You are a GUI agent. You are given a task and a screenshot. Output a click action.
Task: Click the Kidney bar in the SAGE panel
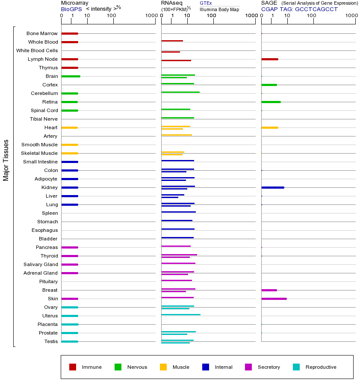click(x=272, y=187)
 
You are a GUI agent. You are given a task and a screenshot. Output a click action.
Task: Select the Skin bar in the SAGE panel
click(x=274, y=299)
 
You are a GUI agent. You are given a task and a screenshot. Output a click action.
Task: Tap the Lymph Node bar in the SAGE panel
click(x=269, y=59)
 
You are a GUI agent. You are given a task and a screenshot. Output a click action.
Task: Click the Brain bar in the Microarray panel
click(x=71, y=76)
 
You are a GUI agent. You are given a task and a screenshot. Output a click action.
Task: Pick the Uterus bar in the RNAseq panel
click(x=180, y=314)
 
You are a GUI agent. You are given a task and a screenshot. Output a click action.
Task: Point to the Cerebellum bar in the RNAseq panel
click(x=180, y=92)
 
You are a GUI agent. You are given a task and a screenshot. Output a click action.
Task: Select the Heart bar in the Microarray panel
click(x=69, y=127)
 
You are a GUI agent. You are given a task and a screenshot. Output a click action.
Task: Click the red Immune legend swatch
click(x=73, y=367)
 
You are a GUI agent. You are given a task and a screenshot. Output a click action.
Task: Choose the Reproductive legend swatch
click(x=296, y=367)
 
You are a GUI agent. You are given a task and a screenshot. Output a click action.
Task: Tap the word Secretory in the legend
click(x=269, y=367)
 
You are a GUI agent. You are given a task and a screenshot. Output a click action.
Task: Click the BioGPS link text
click(x=71, y=9)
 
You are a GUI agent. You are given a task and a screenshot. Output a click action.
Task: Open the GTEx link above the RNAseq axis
click(x=206, y=3)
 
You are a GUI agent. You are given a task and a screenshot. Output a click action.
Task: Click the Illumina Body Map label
click(x=219, y=9)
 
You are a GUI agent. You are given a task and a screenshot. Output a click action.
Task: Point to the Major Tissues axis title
click(x=6, y=160)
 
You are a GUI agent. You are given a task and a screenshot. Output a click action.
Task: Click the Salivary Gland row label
click(x=41, y=264)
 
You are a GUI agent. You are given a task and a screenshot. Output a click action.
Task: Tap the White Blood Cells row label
click(x=37, y=50)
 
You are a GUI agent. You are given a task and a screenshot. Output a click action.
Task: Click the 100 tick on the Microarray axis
click(x=112, y=16)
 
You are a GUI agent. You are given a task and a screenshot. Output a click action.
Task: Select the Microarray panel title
click(x=74, y=3)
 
